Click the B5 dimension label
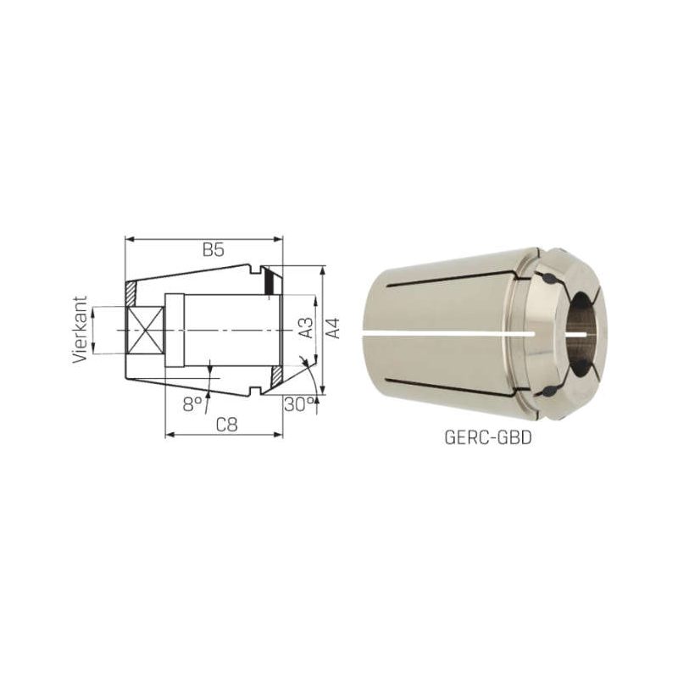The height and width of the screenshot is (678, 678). (214, 250)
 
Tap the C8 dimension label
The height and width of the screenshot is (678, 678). (226, 425)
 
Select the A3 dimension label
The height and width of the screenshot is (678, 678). (306, 328)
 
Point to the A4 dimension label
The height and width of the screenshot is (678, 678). (332, 328)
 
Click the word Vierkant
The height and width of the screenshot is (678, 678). (81, 330)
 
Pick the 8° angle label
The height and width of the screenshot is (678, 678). (192, 404)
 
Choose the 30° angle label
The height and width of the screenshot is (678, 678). (299, 405)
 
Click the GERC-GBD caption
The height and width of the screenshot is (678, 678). (488, 438)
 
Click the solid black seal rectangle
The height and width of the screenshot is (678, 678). (269, 282)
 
